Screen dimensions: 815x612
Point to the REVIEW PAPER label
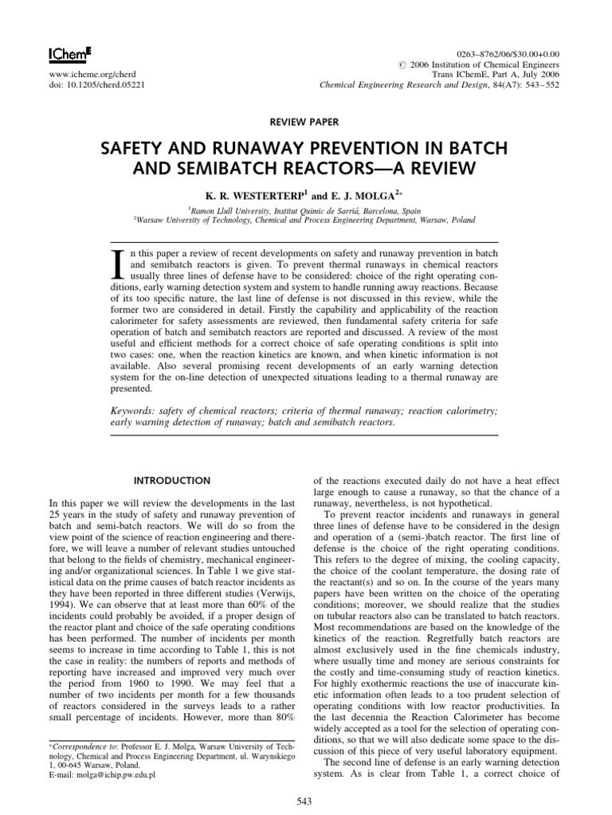point(305,122)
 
